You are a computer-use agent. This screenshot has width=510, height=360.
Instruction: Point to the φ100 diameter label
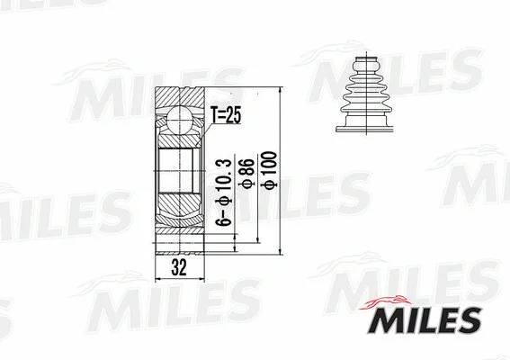tap(269, 169)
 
